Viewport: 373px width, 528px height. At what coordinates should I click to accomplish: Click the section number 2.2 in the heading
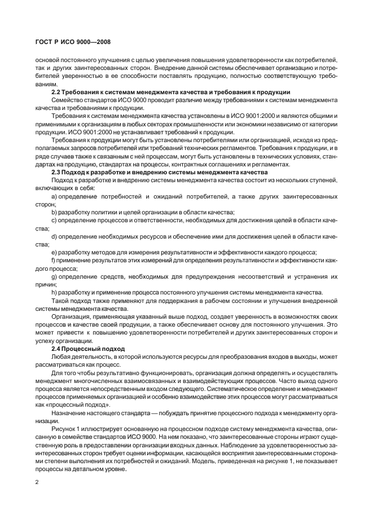tap(57, 92)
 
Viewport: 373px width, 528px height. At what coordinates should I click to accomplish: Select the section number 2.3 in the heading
tap(57, 171)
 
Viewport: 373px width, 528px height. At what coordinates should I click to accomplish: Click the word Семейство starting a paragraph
tap(67, 100)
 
